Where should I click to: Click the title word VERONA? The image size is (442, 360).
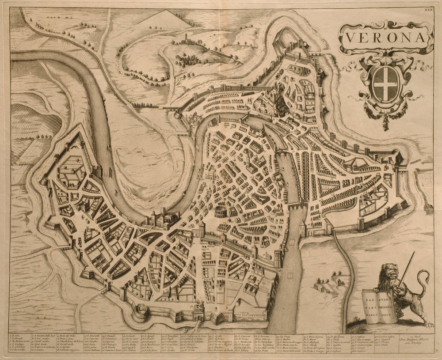coord(385,38)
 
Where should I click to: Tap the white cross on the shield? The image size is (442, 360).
coord(385,82)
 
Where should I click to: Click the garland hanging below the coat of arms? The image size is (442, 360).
coord(385,117)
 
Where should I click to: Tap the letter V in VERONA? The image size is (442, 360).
coord(349,38)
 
